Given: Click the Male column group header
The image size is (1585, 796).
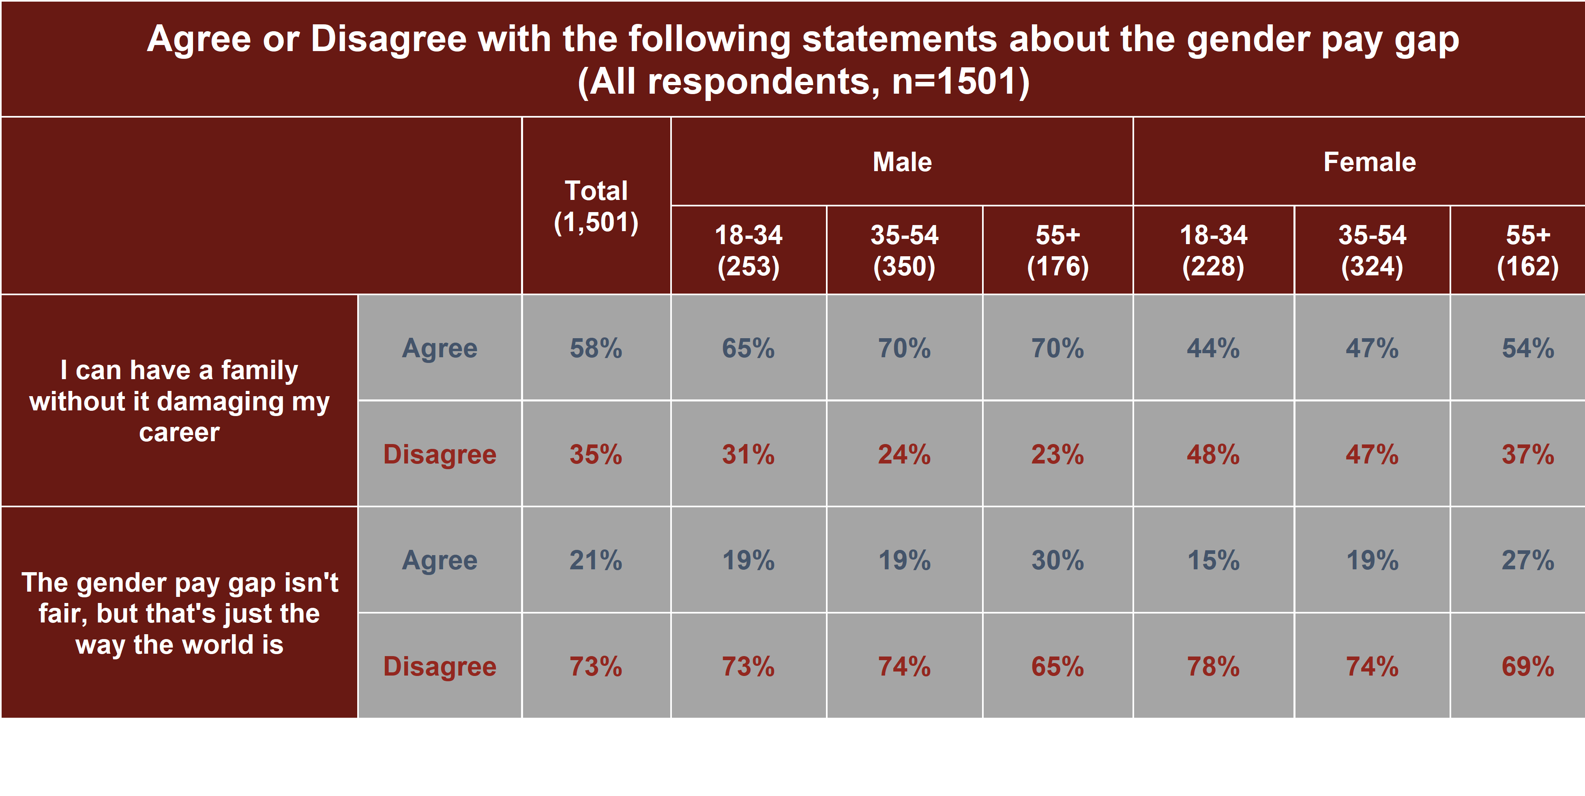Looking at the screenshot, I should [902, 162].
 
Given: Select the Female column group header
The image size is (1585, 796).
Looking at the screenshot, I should [1370, 162].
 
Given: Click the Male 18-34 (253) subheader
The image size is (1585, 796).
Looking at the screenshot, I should [748, 250].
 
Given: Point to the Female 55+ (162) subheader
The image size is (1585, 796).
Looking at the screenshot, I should [1528, 250].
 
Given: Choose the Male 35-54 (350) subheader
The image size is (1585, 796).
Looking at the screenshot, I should [904, 250].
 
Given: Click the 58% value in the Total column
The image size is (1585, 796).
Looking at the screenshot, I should [596, 348].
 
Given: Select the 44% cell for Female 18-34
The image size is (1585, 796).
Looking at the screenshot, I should [1213, 348].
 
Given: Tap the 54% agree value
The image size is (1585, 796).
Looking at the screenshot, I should [1528, 348].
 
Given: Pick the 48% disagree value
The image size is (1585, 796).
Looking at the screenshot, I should [1213, 455].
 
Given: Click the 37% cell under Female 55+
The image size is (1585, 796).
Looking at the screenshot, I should [1528, 455].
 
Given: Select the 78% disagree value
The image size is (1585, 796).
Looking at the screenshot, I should [1213, 667].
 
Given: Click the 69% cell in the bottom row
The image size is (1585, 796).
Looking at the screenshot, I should [1528, 667].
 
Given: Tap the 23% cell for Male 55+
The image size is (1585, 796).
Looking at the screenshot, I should [1057, 455].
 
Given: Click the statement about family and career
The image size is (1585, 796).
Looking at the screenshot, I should [179, 401].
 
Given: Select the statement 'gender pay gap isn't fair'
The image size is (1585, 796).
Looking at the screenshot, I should [179, 613].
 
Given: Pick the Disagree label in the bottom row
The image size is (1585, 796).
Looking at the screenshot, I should [439, 667].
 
